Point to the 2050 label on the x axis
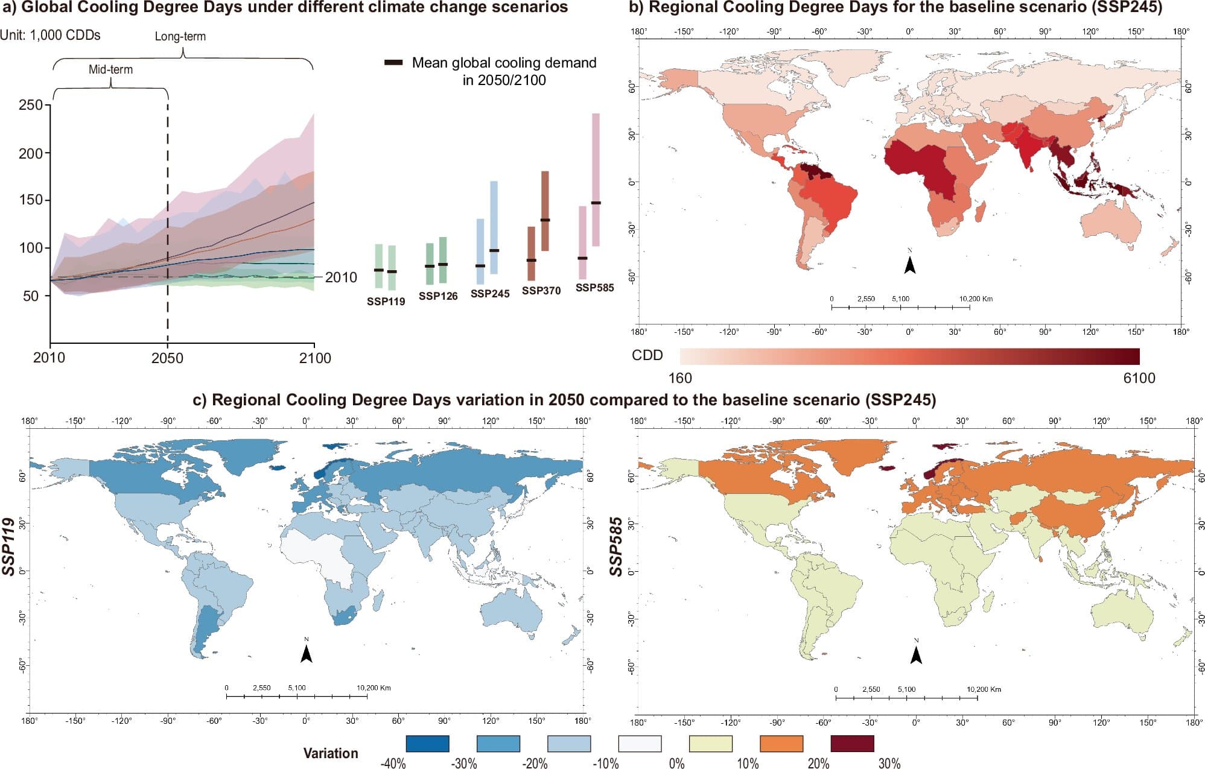point(167,358)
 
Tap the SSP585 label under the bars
point(594,288)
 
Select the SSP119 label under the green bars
point(386,301)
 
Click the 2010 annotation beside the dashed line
point(341,277)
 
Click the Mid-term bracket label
point(110,69)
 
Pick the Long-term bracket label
point(180,36)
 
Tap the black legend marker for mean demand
point(393,63)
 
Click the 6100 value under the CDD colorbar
point(1139,378)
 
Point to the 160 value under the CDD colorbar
point(680,378)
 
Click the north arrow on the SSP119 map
point(307,653)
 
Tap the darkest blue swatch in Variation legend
point(427,744)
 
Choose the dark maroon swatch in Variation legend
point(852,744)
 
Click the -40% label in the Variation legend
point(393,763)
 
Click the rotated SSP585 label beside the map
point(615,546)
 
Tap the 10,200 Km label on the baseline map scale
point(976,299)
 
